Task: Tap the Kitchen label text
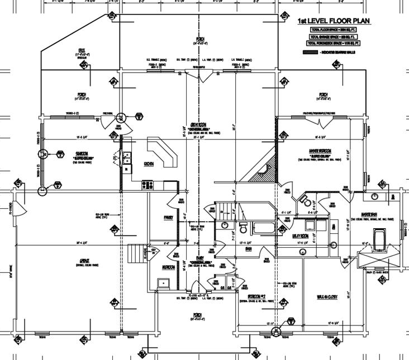(149, 164)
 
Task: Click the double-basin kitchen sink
(126, 157)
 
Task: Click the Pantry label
(168, 217)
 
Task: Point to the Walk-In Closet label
(329, 296)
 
